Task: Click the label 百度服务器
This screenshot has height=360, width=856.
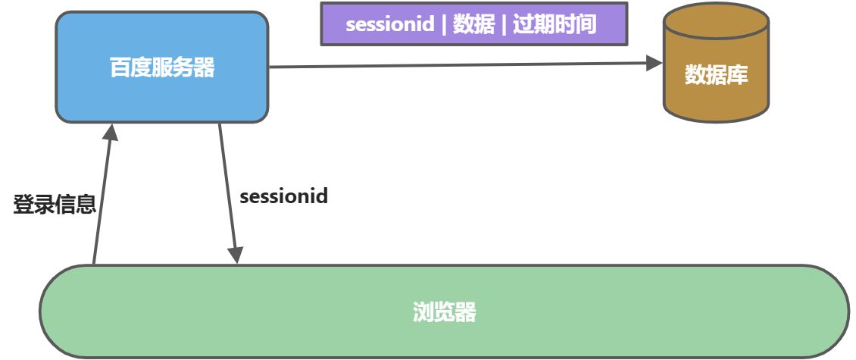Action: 162,68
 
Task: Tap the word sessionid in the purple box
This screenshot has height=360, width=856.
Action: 389,24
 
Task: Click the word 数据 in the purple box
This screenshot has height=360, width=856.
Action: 474,24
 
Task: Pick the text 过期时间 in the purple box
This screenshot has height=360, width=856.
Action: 555,24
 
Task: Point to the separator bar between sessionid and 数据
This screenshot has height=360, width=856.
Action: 443,24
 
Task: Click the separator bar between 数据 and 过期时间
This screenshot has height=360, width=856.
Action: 504,24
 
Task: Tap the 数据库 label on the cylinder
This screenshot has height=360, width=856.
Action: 716,75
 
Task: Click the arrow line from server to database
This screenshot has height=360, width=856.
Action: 455,66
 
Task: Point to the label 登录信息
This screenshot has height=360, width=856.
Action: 55,205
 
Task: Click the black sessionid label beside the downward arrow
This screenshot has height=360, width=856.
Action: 283,196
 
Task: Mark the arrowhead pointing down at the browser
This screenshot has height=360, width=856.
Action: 236,254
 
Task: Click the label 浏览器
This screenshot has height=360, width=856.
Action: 445,312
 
